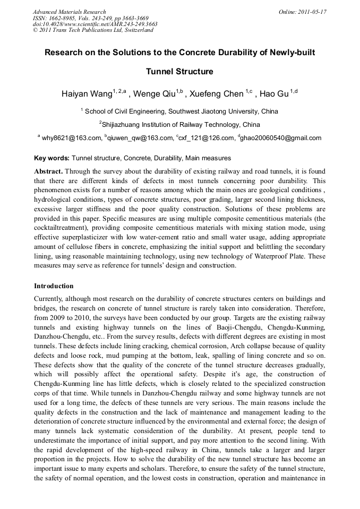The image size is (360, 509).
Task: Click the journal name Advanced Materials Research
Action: pos(69,12)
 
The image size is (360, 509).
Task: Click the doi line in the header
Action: pos(95,24)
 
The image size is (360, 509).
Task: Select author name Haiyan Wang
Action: pos(87,94)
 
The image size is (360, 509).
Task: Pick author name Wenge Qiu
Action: pos(155,94)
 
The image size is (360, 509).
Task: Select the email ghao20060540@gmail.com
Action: pos(281,138)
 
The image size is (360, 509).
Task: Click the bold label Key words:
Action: pos(52,158)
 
